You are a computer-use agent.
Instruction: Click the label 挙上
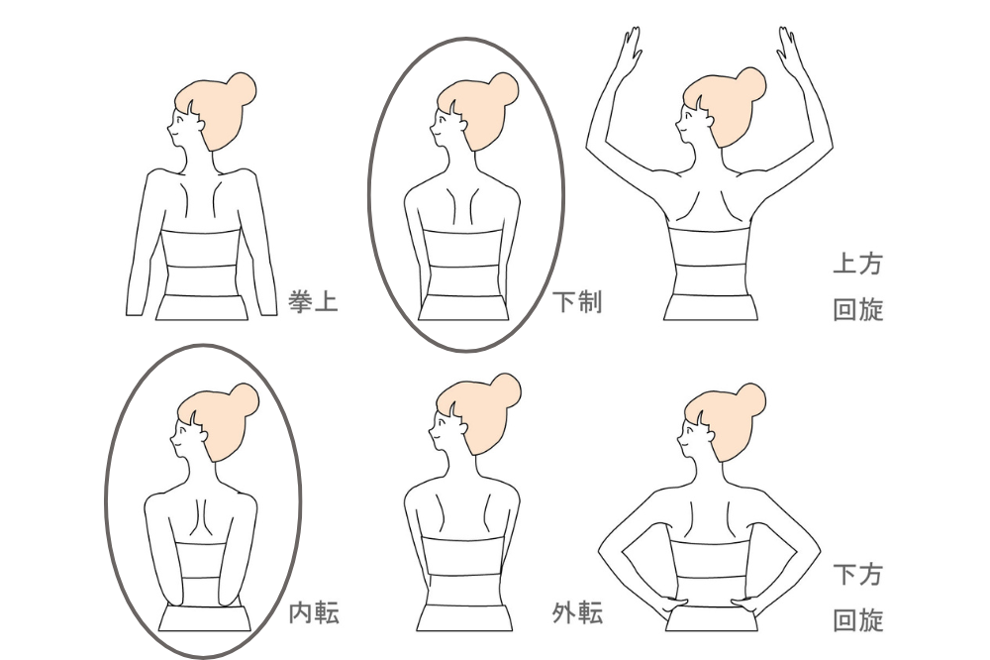pyautogui.click(x=313, y=301)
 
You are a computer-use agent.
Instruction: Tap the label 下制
pyautogui.click(x=577, y=301)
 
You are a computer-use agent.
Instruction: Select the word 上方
pyautogui.click(x=857, y=264)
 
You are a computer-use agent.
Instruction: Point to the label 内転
pyautogui.click(x=314, y=613)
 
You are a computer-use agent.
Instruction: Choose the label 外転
pyautogui.click(x=578, y=613)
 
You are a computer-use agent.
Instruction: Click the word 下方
pyautogui.click(x=857, y=575)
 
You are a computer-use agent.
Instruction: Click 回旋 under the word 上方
pyautogui.click(x=857, y=310)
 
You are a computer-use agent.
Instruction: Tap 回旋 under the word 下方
pyautogui.click(x=857, y=620)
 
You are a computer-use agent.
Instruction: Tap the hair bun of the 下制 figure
pyautogui.click(x=504, y=90)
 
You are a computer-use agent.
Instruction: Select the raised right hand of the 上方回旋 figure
pyautogui.click(x=787, y=47)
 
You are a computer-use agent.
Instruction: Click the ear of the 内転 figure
pyautogui.click(x=202, y=435)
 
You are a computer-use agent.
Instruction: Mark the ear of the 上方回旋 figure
pyautogui.click(x=710, y=120)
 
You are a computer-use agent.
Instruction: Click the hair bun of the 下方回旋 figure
pyautogui.click(x=751, y=400)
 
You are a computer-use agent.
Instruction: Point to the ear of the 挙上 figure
pyautogui.click(x=200, y=125)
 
